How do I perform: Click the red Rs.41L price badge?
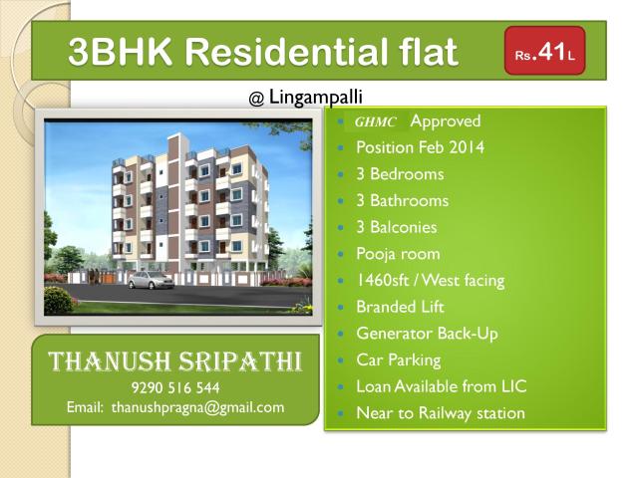(x=544, y=52)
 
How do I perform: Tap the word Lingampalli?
(x=315, y=98)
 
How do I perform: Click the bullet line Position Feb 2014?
(x=420, y=147)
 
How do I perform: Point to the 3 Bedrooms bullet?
(x=400, y=174)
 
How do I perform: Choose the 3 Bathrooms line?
(x=402, y=200)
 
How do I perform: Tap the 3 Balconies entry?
(x=396, y=227)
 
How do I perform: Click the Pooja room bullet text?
(x=398, y=254)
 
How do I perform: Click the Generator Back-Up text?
(x=427, y=334)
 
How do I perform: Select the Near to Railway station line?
(x=440, y=413)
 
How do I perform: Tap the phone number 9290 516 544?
(x=175, y=387)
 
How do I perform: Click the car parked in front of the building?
(x=149, y=281)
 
